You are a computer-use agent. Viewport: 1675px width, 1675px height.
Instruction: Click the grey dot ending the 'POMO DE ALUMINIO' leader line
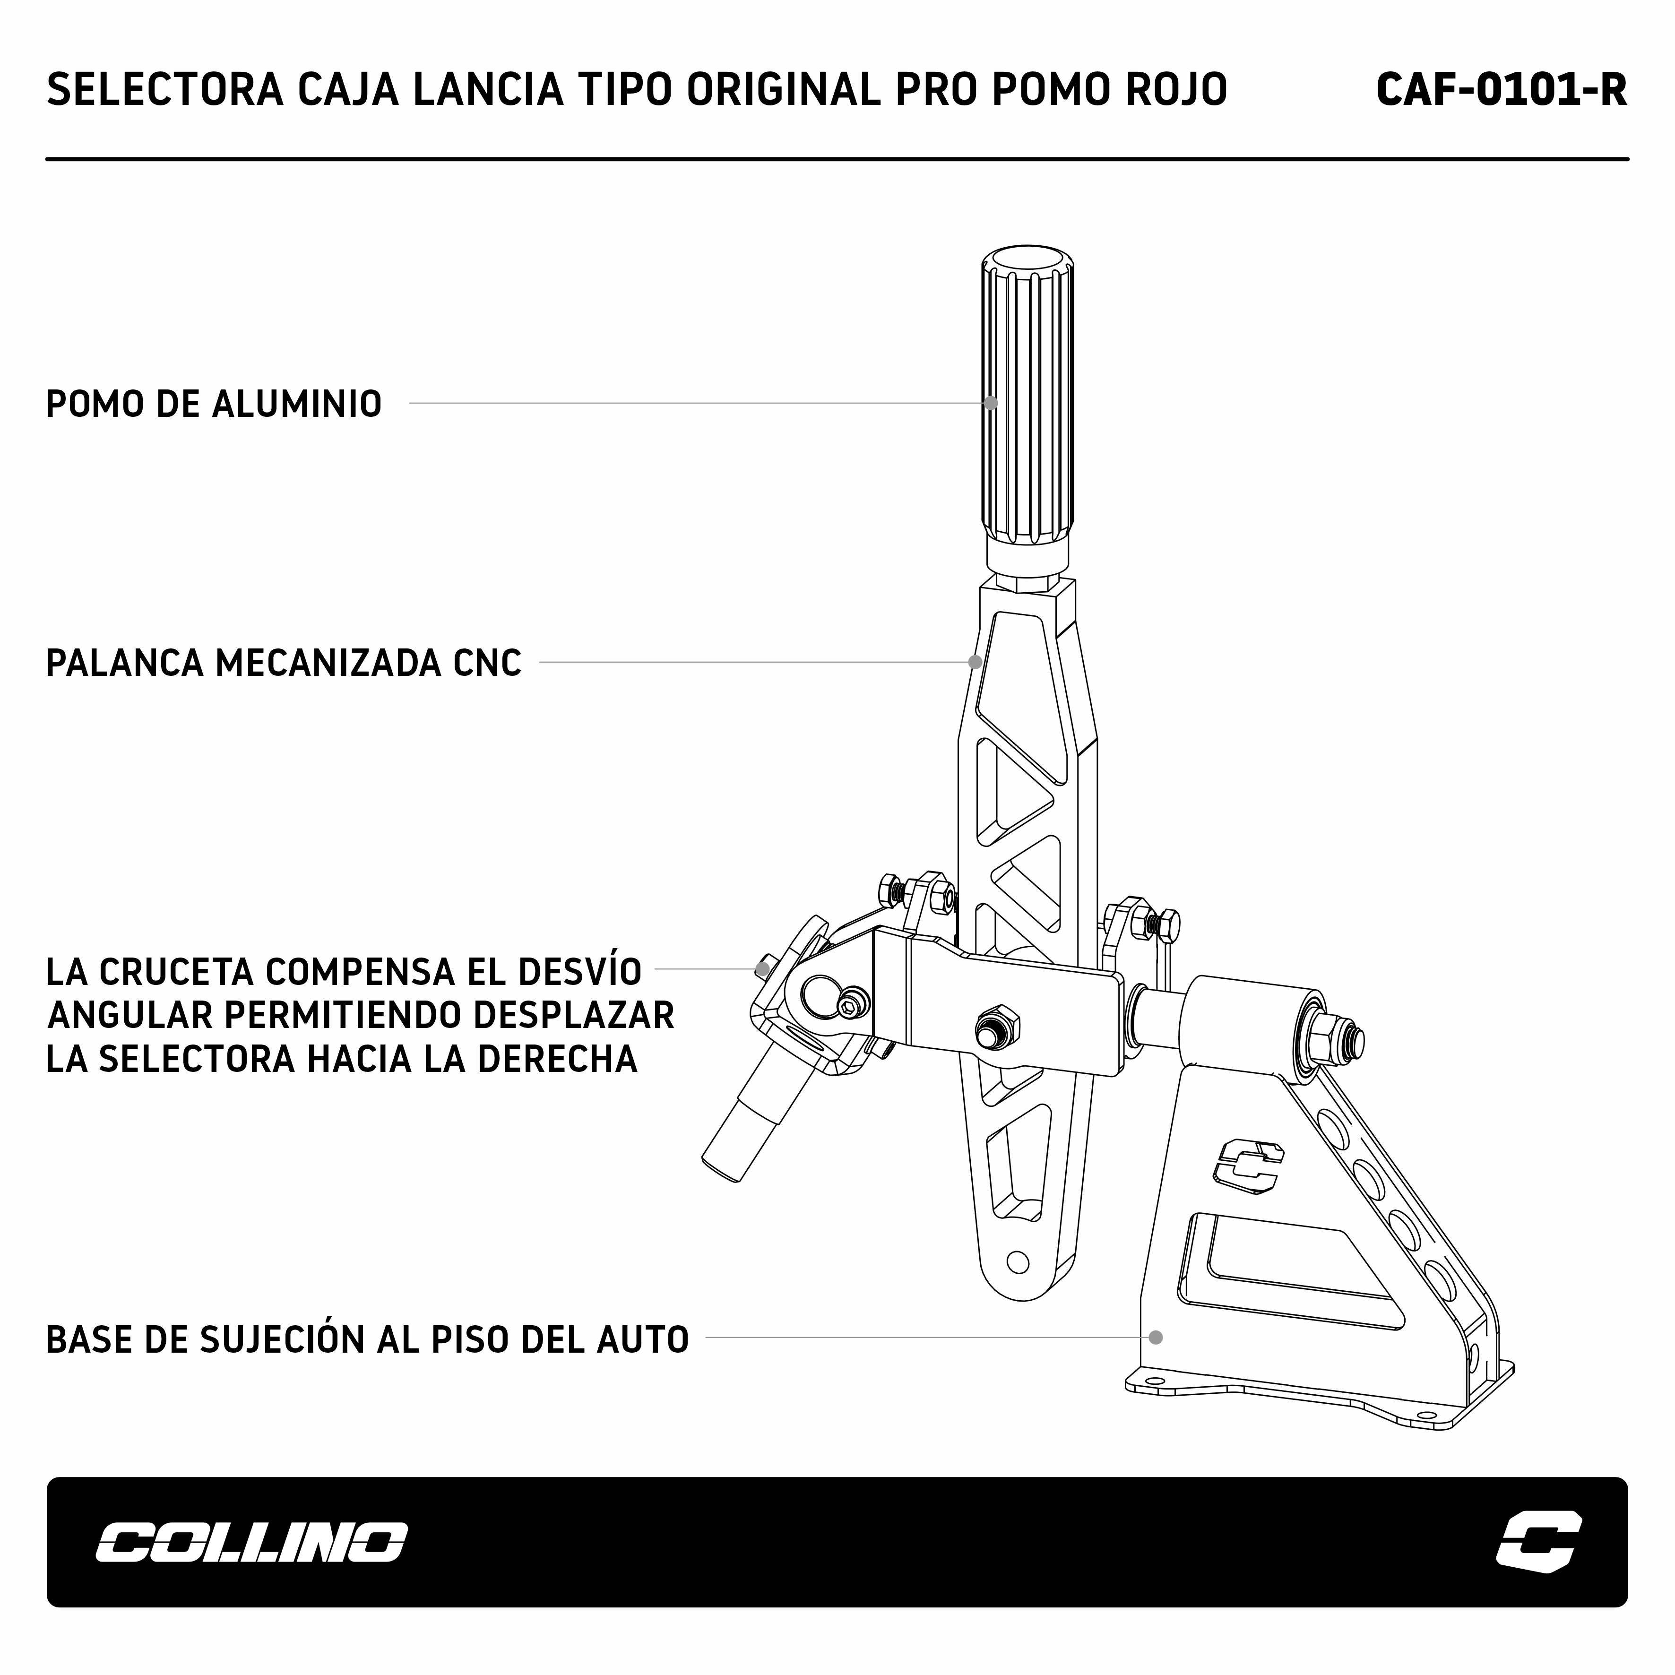point(991,403)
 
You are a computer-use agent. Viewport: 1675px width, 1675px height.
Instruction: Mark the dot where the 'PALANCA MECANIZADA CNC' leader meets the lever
point(976,662)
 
